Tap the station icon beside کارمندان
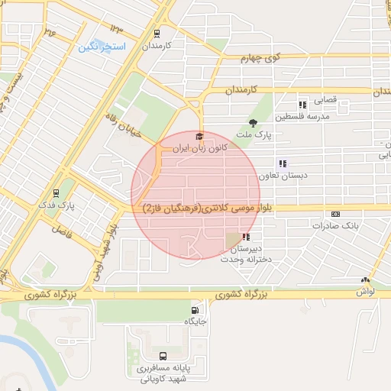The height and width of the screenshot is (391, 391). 157,34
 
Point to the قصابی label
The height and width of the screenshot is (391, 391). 321,99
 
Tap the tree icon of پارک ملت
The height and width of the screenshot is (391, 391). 253,121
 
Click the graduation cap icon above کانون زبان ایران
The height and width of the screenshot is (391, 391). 199,136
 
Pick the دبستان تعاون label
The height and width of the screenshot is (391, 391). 283,175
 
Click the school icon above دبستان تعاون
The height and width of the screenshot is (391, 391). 283,163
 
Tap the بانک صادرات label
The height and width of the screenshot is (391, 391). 335,226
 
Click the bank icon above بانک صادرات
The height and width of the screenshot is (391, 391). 335,215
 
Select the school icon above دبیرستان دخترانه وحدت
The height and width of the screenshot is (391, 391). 245,238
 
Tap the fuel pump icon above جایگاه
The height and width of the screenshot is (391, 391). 195,311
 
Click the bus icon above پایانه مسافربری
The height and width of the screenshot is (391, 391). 163,356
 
